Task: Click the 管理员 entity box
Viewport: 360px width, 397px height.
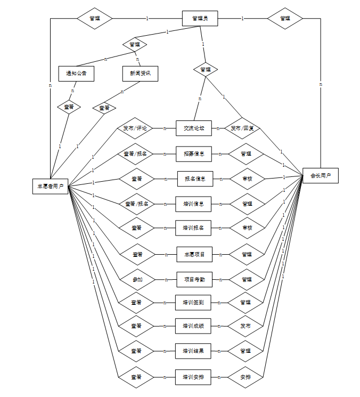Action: tap(200, 19)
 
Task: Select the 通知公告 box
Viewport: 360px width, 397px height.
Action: tap(76, 74)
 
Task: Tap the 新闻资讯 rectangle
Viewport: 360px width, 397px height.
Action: tap(140, 74)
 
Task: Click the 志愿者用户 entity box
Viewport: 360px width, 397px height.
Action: tap(50, 186)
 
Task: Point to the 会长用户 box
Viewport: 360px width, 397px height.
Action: tap(321, 176)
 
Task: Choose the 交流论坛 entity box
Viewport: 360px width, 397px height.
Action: tap(194, 128)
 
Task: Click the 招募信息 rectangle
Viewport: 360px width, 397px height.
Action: tap(194, 153)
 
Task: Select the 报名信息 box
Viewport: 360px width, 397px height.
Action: tap(195, 179)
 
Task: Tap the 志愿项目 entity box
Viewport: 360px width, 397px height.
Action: tap(194, 254)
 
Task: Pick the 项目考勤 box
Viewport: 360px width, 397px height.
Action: tap(194, 279)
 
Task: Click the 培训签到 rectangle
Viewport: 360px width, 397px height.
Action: tap(193, 303)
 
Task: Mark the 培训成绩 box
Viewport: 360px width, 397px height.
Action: tap(193, 326)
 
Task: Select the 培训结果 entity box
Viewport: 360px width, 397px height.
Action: tap(194, 351)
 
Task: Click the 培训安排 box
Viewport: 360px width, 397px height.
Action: tap(193, 377)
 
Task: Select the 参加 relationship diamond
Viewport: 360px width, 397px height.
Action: tap(137, 279)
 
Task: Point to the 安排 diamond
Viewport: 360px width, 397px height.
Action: tap(246, 377)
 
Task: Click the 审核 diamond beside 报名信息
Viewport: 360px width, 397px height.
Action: tap(247, 179)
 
